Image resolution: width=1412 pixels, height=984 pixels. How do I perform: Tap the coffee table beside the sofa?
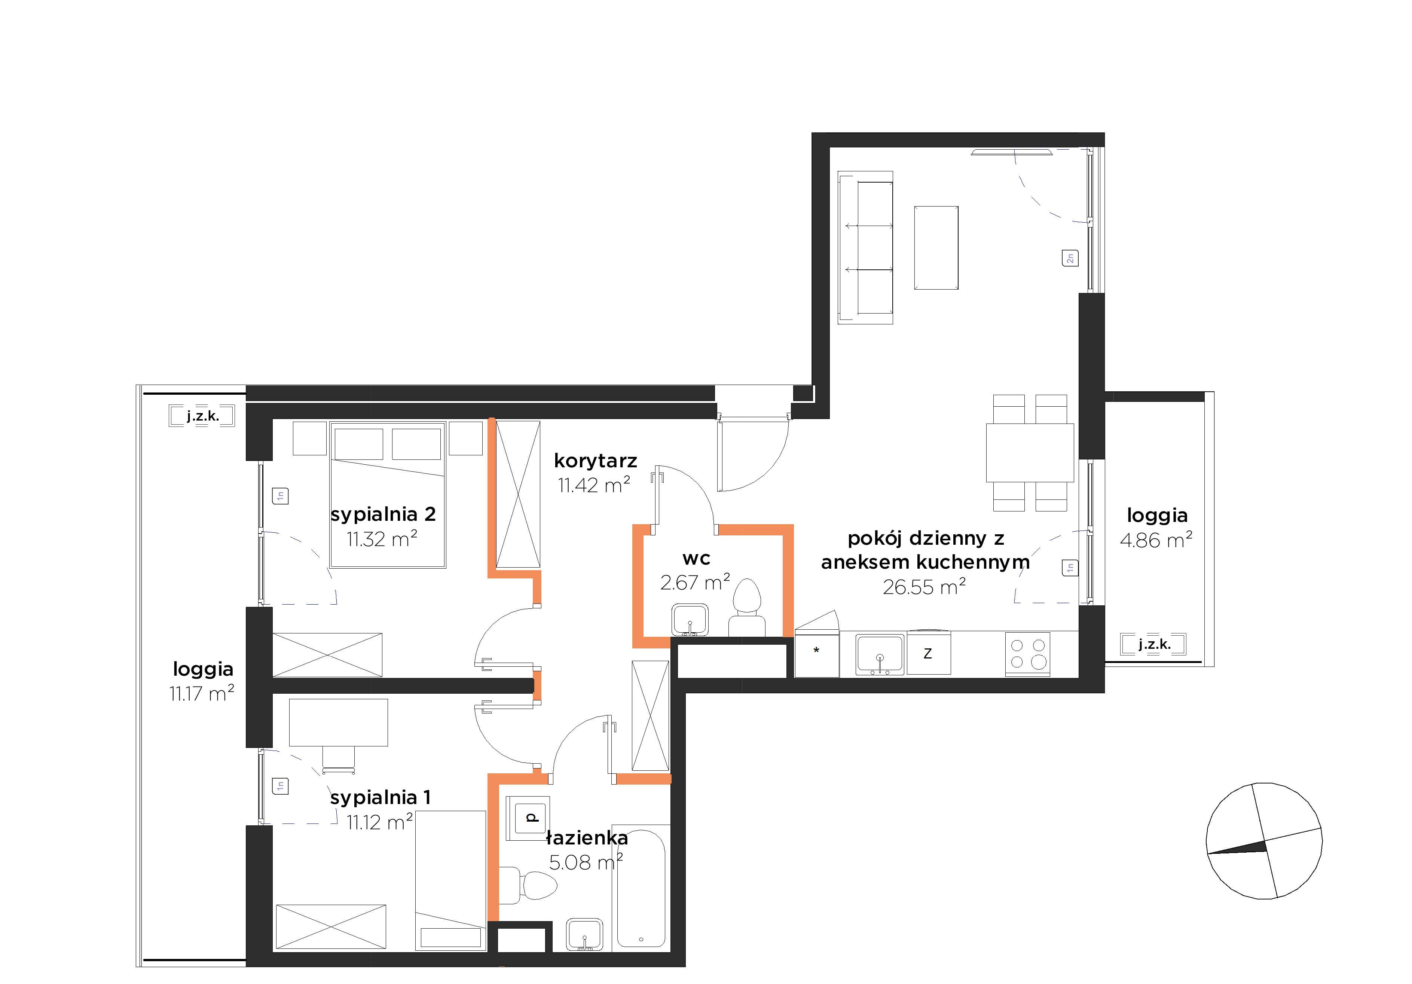(x=936, y=248)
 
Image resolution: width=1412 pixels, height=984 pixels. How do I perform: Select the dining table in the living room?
(x=1030, y=453)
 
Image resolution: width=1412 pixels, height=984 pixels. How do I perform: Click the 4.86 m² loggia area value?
(x=1156, y=540)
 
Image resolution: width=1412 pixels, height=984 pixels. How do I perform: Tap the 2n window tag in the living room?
(x=1070, y=258)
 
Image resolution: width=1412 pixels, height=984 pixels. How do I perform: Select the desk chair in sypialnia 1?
(x=339, y=760)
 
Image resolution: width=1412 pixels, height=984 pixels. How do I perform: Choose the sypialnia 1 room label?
(x=380, y=798)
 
